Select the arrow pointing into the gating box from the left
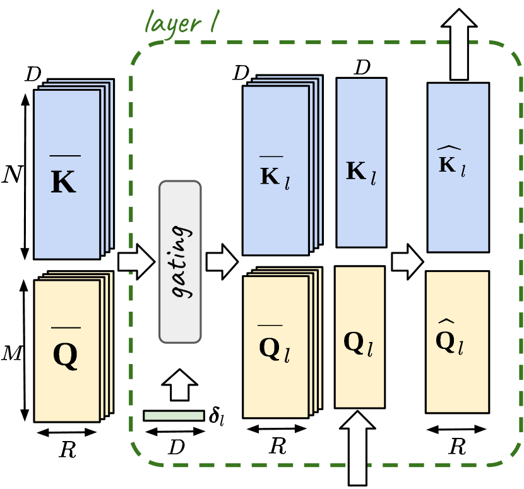point(136,262)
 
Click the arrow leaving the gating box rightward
point(221,262)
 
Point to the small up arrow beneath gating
point(180,385)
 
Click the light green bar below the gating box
point(174,415)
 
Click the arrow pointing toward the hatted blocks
point(407,262)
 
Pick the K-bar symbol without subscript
point(64,177)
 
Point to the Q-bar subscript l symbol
point(275,346)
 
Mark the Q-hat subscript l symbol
point(451,341)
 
